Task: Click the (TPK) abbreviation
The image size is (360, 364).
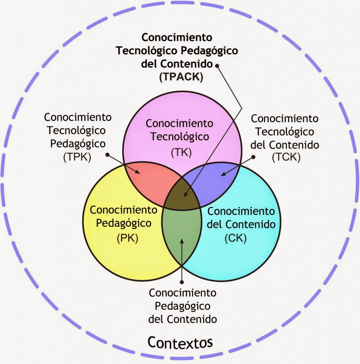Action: [x=77, y=157]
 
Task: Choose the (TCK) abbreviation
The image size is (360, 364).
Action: [x=286, y=157]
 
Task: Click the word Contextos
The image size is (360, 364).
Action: [x=180, y=342]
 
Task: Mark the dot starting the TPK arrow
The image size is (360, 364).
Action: [x=108, y=154]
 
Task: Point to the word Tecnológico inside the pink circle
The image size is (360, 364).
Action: [x=179, y=136]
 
